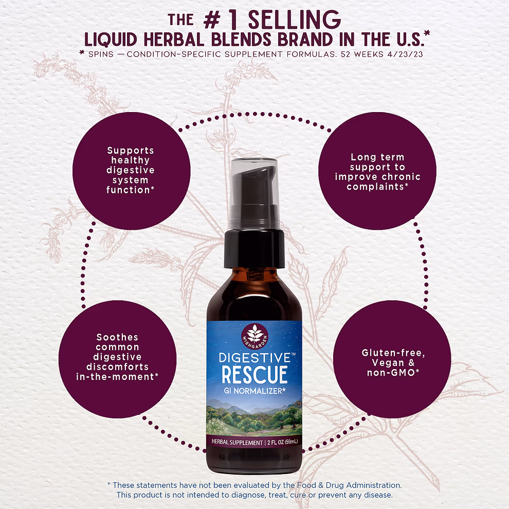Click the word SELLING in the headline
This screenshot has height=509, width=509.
tap(295, 20)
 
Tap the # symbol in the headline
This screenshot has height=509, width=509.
tap(212, 21)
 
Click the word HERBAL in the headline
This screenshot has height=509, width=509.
tap(174, 40)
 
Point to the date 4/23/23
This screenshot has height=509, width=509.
tap(405, 54)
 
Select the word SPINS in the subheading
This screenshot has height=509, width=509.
tap(101, 54)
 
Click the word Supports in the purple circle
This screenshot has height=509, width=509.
tap(131, 151)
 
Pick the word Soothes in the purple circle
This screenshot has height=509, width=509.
tap(117, 337)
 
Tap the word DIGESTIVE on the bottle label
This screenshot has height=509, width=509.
tap(255, 358)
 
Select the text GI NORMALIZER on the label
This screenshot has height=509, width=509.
tap(253, 391)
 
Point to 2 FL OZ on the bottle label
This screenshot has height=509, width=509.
tap(276, 442)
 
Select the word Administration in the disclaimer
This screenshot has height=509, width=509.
tap(374, 485)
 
